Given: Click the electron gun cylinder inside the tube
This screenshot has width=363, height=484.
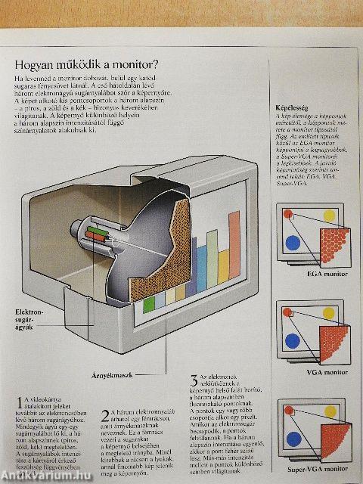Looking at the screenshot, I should pyautogui.click(x=98, y=234).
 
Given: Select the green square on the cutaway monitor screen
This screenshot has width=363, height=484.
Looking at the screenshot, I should pyautogui.click(x=148, y=304).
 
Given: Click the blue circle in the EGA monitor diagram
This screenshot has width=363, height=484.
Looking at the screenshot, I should pyautogui.click(x=292, y=243).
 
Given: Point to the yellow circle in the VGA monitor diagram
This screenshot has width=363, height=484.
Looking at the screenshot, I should pyautogui.click(x=329, y=312).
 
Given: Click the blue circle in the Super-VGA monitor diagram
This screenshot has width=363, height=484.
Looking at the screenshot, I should pyautogui.click(x=293, y=436).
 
